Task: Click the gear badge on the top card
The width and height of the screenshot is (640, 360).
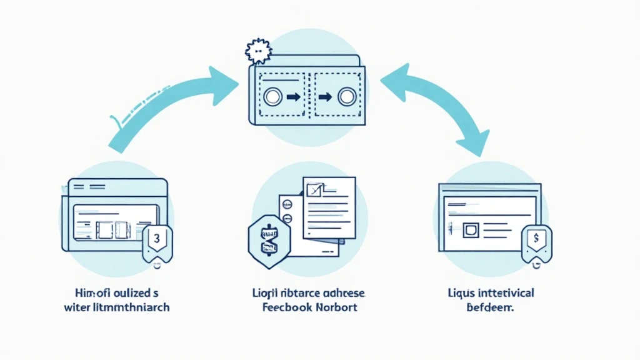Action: pyautogui.click(x=258, y=50)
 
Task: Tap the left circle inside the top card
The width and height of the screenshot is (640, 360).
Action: pyautogui.click(x=272, y=97)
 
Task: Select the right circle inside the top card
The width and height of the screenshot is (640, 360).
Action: pyautogui.click(x=346, y=97)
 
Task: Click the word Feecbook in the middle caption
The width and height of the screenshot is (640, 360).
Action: pyautogui.click(x=283, y=307)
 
